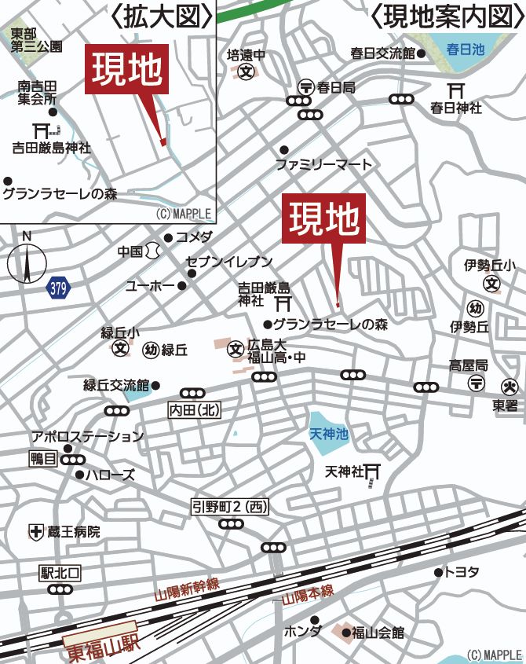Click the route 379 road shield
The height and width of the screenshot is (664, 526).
[58, 288]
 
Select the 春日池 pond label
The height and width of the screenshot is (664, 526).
[466, 49]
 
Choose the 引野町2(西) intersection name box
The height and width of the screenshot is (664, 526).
[230, 508]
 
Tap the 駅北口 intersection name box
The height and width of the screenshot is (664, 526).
[60, 572]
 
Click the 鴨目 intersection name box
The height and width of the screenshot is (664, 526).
[44, 459]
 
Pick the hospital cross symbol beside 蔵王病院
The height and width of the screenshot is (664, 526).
[36, 532]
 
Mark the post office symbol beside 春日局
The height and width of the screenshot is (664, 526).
[305, 87]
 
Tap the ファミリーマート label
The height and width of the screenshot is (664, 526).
[323, 165]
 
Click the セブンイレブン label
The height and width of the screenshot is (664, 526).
[228, 262]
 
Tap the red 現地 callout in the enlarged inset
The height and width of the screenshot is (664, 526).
[127, 70]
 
